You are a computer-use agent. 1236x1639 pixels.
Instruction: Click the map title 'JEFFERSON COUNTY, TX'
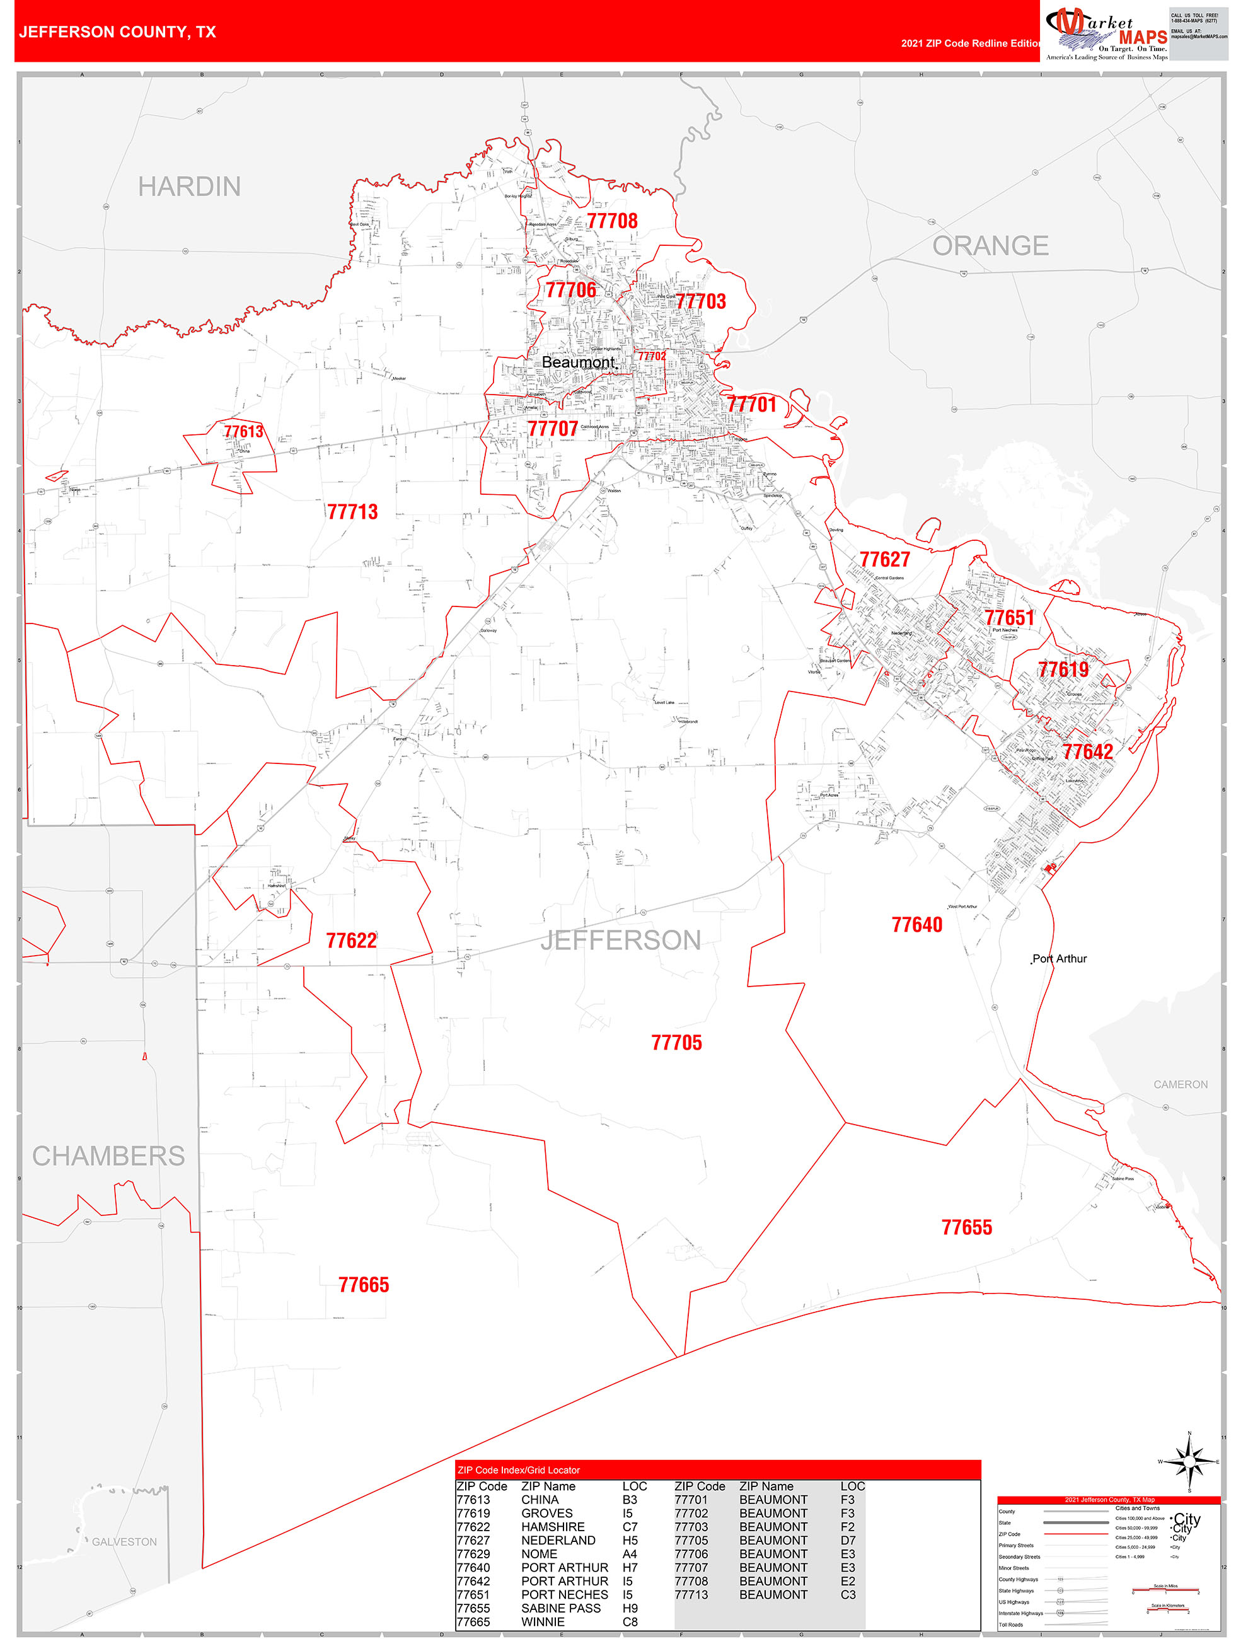click(x=117, y=32)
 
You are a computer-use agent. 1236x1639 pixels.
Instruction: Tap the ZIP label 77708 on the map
click(x=612, y=221)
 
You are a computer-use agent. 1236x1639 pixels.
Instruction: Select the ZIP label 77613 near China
click(x=243, y=431)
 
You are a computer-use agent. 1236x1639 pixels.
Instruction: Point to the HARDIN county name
click(x=189, y=187)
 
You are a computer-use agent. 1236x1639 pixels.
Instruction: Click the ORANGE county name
click(x=990, y=246)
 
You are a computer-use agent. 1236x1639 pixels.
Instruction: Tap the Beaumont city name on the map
click(x=579, y=362)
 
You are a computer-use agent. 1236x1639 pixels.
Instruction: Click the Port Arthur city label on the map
click(x=1060, y=959)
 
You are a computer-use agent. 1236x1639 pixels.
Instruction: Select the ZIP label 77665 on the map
click(x=363, y=1285)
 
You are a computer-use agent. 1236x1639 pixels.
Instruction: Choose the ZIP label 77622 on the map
click(x=351, y=941)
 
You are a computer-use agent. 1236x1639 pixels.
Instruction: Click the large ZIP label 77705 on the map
click(x=676, y=1043)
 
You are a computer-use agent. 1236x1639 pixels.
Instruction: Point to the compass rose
click(x=1189, y=1462)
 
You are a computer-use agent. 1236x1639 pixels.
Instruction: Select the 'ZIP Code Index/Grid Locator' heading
click(x=519, y=1470)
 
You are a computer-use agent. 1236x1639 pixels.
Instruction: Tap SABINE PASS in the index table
click(x=561, y=1609)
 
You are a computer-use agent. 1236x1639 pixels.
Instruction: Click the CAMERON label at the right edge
click(x=1180, y=1085)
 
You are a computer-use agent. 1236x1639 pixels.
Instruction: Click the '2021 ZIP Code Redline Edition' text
click(x=971, y=43)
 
